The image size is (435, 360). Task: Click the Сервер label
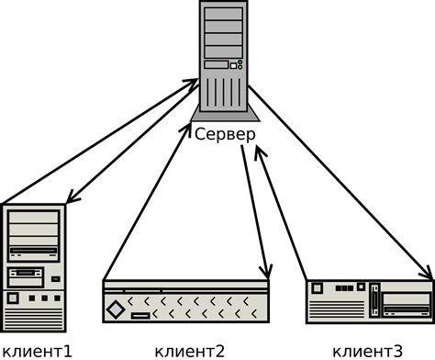tap(225, 133)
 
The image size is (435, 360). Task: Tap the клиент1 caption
tap(38, 350)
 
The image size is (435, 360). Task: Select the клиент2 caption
tap(190, 350)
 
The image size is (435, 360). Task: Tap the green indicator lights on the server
tap(240, 64)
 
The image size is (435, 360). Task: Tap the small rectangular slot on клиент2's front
tap(140, 317)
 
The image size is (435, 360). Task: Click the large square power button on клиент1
tap(13, 299)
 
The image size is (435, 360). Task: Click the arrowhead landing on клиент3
tap(429, 273)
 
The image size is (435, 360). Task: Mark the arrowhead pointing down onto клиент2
tap(265, 273)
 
